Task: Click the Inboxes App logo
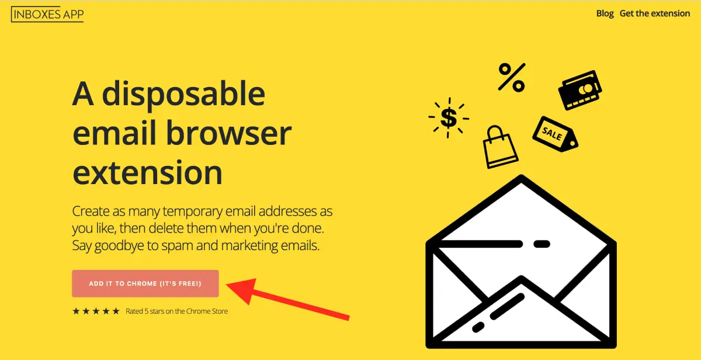coord(47,14)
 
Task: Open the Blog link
coord(605,13)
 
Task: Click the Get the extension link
coord(655,13)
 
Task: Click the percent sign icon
coord(512,77)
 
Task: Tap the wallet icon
coord(580,90)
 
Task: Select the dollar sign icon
coord(449,117)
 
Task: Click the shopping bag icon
coord(500,147)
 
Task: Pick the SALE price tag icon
coord(555,134)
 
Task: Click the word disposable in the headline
coord(183,95)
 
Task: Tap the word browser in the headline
coord(228,133)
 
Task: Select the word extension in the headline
coord(147,172)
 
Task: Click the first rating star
coord(76,311)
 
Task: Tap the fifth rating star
coord(116,311)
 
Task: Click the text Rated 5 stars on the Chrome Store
coord(176,311)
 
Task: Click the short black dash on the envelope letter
coord(542,244)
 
